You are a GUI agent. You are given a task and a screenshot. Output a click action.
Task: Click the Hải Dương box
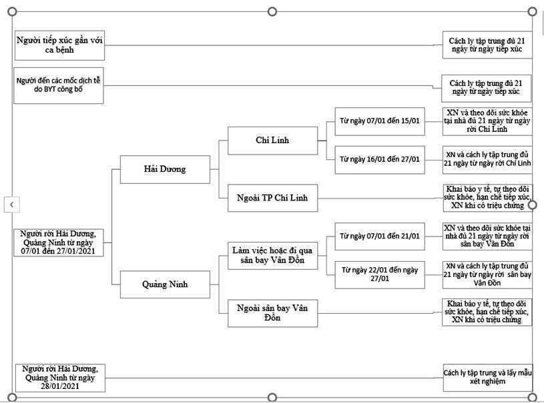pos(165,169)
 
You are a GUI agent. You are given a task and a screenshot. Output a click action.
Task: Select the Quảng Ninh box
pos(165,284)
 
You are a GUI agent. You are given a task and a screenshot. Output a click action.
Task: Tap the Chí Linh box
pos(272,141)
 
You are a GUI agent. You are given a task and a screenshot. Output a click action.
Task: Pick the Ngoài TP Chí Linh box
pos(272,198)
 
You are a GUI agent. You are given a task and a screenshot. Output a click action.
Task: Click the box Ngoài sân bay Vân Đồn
pos(272,313)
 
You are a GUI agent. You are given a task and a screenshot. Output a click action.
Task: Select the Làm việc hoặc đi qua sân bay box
pos(272,256)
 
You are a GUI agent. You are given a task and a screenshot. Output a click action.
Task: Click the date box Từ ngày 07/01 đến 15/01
pos(380,121)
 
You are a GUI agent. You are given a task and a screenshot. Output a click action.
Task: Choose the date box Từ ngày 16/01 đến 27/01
pos(380,160)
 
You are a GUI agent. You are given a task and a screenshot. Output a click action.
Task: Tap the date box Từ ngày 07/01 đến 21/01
pos(380,236)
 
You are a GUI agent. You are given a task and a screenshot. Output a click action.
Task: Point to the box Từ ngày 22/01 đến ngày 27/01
pos(380,275)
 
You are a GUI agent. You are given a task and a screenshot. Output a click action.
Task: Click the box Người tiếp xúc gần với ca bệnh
pos(59,45)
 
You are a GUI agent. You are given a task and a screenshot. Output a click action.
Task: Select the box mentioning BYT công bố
pos(58,85)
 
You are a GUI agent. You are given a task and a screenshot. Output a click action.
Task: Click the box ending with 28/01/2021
pos(60,378)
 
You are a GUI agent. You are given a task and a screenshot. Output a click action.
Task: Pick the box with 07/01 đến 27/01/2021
pos(58,242)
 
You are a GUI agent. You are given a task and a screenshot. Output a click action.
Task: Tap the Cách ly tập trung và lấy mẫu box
pos(487,378)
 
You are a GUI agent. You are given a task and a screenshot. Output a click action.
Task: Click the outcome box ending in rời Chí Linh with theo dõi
pos(487,121)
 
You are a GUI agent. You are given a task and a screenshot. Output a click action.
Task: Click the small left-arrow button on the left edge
pos(12,204)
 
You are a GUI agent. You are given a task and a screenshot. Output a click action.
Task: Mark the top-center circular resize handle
pos(272,12)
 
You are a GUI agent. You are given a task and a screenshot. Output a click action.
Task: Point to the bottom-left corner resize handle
pos(12,397)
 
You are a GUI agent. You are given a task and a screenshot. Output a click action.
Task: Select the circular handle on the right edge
pos(532,205)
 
